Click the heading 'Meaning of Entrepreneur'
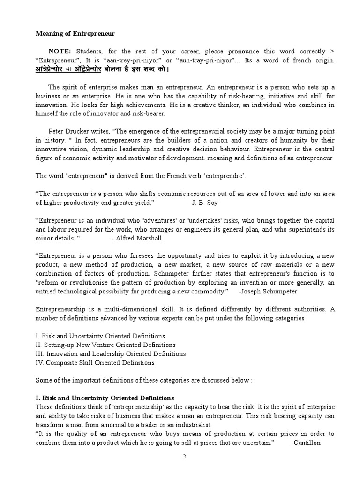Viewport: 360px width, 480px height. (75, 34)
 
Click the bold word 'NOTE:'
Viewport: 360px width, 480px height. (60, 51)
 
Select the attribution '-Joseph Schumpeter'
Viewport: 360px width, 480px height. (268, 291)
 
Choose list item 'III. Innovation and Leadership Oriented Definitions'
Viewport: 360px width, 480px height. (111, 353)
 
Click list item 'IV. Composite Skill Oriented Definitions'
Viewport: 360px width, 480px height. (95, 362)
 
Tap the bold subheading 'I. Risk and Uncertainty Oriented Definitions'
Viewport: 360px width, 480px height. (105, 398)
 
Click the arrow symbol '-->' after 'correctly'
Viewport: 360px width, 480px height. (328, 51)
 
